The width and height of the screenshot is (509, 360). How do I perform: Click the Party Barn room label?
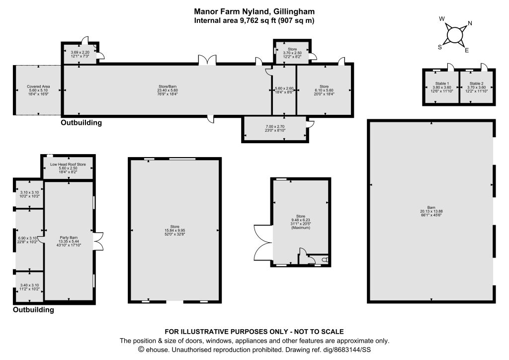tap(69, 238)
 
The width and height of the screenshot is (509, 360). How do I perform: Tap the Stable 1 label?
tap(442, 84)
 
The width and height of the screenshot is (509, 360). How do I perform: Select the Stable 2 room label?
tap(476, 84)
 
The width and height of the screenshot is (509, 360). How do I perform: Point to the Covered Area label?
tap(38, 87)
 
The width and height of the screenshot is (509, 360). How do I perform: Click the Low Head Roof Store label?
tap(68, 164)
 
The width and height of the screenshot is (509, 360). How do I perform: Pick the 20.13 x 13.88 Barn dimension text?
tap(431, 211)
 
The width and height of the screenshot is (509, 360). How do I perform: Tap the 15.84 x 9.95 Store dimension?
tap(174, 231)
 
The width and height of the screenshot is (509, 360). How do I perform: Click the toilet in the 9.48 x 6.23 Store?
tap(326, 260)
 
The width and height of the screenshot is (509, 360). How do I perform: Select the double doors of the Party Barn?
tap(98, 241)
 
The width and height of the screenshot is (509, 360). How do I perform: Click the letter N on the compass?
tap(470, 23)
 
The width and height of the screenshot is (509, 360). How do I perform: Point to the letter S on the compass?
tap(440, 47)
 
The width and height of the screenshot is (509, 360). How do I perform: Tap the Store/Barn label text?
tap(167, 87)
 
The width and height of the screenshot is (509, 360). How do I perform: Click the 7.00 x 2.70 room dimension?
tap(275, 127)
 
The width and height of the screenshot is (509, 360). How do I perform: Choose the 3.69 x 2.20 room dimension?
tap(80, 52)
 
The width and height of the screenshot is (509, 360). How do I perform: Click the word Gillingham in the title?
tap(294, 12)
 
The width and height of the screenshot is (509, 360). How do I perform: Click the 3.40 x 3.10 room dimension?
tap(29, 285)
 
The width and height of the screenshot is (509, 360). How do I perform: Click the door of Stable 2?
tap(484, 67)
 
